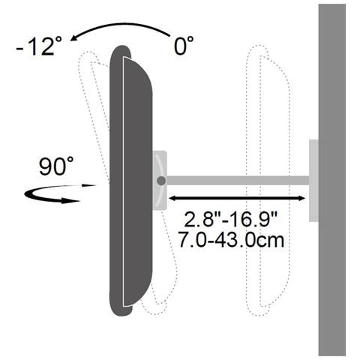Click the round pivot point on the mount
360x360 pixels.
[x=160, y=181]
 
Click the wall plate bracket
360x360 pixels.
[x=313, y=180]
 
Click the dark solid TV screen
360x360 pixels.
[x=137, y=180]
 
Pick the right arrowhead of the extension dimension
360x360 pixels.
[x=301, y=199]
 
